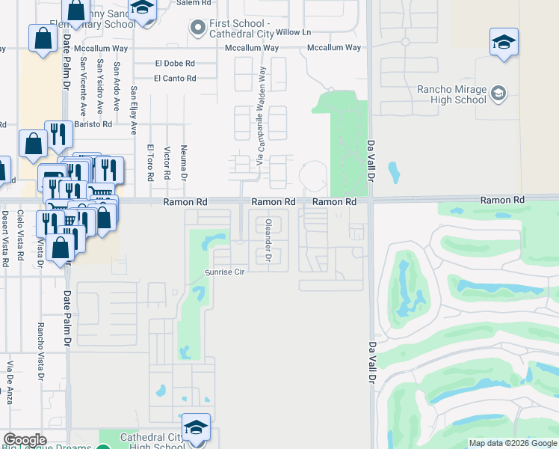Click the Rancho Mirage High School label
tap(451, 95)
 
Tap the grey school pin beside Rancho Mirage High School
tap(498, 94)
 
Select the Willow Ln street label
tap(293, 33)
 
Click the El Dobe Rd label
tap(174, 64)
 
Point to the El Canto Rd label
tap(175, 78)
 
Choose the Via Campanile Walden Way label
tap(261, 115)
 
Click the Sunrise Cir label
tap(225, 272)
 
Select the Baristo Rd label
tap(96, 124)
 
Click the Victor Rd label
tap(167, 163)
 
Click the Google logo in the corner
tap(25, 440)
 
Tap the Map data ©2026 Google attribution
tap(512, 443)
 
